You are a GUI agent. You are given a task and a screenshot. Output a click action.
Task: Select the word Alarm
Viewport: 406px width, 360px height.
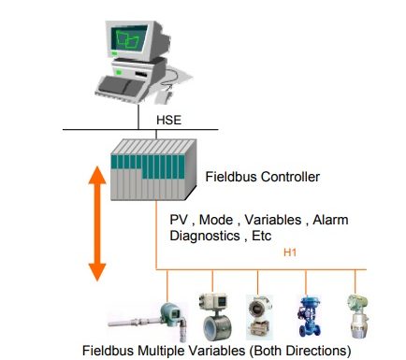[x=330, y=220]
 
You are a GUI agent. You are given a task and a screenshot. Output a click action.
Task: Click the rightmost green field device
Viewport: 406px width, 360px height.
[x=357, y=316]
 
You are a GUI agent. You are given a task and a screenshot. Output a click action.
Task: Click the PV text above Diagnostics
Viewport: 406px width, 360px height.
[x=175, y=220]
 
